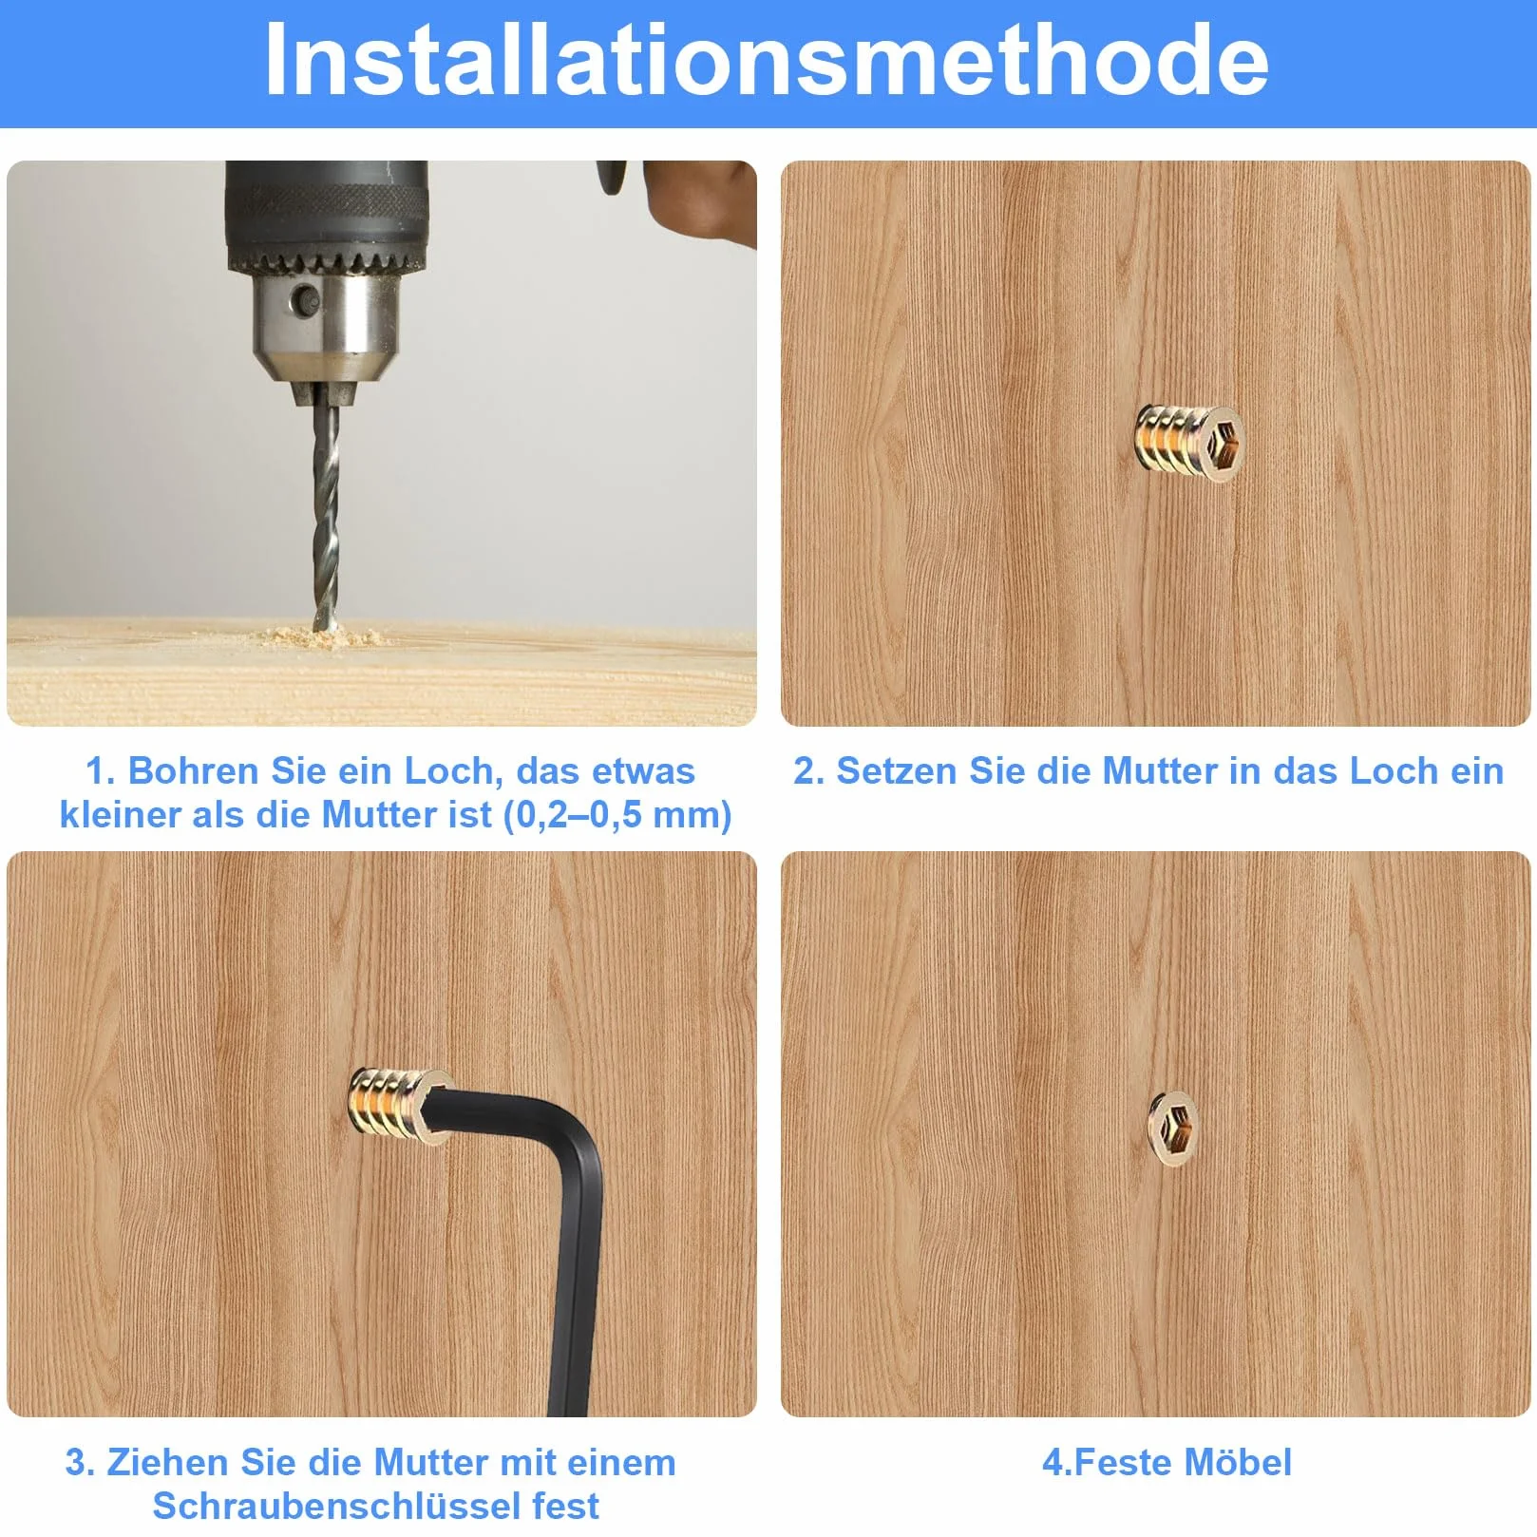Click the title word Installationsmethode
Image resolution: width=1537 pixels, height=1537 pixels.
[767, 59]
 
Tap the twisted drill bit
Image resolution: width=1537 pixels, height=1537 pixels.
[325, 512]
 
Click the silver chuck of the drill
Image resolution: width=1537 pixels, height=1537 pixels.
[326, 324]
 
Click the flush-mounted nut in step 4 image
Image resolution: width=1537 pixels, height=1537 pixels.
[1174, 1129]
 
